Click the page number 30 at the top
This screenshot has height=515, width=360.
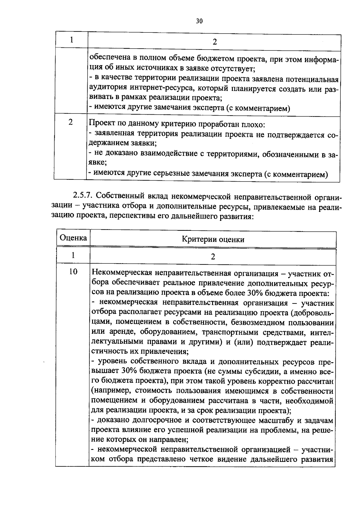click(x=199, y=21)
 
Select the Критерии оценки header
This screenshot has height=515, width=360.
click(x=213, y=239)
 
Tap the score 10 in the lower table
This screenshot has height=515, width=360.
click(x=73, y=272)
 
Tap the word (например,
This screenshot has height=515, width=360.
click(x=111, y=391)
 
